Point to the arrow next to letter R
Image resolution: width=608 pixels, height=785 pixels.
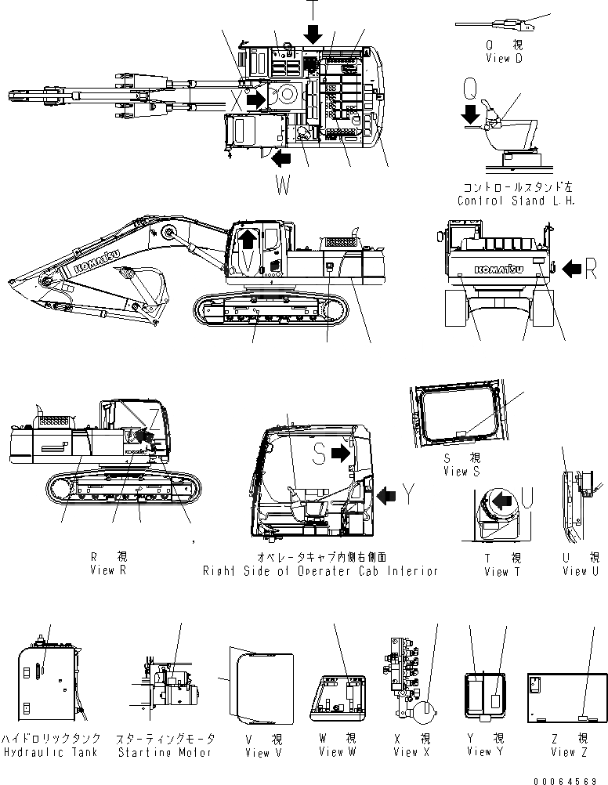[571, 270]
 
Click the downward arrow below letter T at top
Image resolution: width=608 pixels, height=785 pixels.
[313, 33]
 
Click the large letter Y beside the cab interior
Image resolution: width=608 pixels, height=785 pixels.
[409, 494]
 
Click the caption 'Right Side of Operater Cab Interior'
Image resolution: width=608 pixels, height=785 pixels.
[320, 571]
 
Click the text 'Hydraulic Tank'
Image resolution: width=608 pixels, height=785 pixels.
[49, 752]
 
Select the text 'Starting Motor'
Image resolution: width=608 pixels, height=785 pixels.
[165, 752]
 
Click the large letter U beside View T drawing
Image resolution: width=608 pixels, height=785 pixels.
[528, 497]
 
